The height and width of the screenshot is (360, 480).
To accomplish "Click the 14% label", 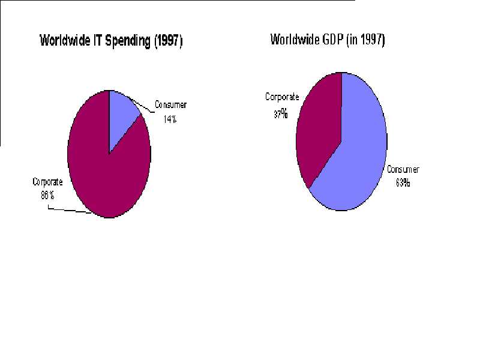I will click(170, 119).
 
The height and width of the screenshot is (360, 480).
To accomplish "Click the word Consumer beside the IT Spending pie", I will click(171, 105).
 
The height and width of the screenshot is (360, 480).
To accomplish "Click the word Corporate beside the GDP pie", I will click(282, 97).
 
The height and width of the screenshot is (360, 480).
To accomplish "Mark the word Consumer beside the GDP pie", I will click(403, 170).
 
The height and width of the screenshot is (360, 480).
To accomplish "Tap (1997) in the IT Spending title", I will click(168, 41).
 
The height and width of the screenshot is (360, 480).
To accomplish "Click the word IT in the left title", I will click(94, 41).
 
